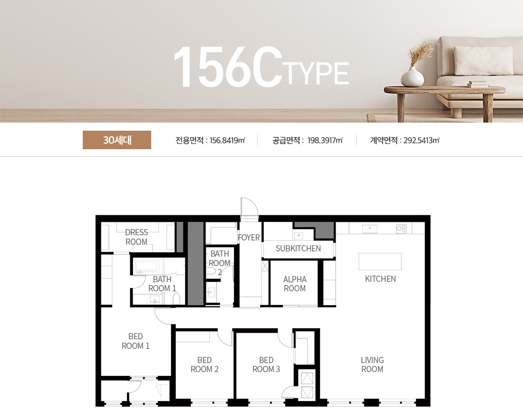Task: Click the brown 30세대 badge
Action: (117, 140)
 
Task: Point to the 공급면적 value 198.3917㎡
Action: (325, 140)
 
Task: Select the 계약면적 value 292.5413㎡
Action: (421, 140)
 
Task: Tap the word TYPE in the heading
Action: (317, 73)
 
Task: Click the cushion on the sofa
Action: (483, 61)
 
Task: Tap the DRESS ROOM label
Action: (136, 237)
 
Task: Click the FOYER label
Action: (249, 237)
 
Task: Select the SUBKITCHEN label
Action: (298, 249)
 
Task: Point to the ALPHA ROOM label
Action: (295, 284)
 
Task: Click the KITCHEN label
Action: (380, 279)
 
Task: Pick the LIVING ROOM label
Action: (372, 364)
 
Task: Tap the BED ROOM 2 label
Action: (204, 364)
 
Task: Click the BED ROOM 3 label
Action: (266, 364)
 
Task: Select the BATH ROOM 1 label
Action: (162, 284)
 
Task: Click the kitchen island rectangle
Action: (380, 261)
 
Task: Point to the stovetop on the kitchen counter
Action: (401, 229)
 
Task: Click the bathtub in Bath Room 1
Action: (149, 266)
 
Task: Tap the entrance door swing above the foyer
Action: (250, 207)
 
